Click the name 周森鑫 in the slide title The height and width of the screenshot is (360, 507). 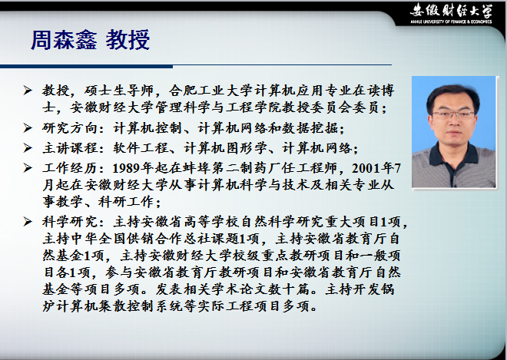[x=64, y=40]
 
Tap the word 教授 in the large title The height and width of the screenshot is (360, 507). [x=128, y=40]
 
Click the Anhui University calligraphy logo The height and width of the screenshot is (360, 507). [x=451, y=12]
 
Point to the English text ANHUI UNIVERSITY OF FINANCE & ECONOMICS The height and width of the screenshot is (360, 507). [x=451, y=22]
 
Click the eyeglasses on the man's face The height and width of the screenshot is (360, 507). [x=453, y=114]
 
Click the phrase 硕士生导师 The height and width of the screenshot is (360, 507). [x=118, y=91]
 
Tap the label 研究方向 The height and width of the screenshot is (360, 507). [x=69, y=128]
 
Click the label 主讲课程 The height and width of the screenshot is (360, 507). [x=69, y=148]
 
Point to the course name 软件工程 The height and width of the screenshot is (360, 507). [x=141, y=148]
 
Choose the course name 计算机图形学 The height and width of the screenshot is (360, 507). [x=226, y=148]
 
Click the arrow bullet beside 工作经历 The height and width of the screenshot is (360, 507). [x=28, y=168]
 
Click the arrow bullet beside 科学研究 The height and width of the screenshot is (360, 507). [x=28, y=222]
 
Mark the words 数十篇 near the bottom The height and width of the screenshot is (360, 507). [x=288, y=289]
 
